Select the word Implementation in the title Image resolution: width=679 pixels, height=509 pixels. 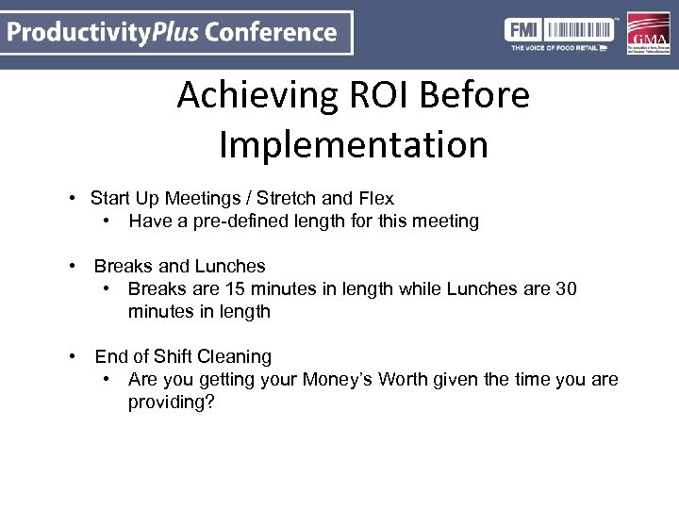tap(354, 145)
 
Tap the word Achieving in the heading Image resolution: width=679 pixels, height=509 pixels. tap(252, 95)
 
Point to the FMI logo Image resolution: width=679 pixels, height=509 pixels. tap(522, 28)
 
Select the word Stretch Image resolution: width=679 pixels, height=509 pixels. tap(289, 199)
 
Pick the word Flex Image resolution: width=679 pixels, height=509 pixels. tap(374, 199)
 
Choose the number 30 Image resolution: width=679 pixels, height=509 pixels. tap(566, 289)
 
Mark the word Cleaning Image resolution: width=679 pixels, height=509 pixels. tap(234, 357)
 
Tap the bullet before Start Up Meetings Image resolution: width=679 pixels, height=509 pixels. tap(72, 199)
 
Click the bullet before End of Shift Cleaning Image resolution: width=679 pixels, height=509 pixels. tap(72, 357)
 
